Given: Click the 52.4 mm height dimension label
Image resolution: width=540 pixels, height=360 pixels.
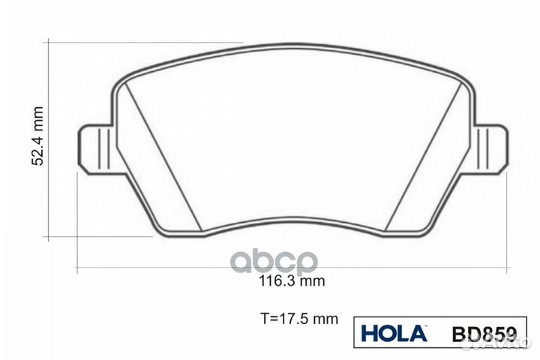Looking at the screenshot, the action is pos(37,136).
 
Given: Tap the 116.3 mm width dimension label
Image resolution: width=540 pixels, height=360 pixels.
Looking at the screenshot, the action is pos(292,281).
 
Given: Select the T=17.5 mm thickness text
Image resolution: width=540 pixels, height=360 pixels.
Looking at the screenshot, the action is pos(299,319).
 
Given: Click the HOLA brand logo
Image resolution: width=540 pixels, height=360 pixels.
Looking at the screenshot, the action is pos(394,333).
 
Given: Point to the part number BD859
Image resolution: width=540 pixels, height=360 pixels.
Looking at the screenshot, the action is pos(484,334).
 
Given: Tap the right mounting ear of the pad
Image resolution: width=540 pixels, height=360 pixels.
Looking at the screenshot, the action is pos(490,148).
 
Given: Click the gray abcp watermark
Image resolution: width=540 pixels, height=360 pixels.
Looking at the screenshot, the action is pos(274,262).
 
